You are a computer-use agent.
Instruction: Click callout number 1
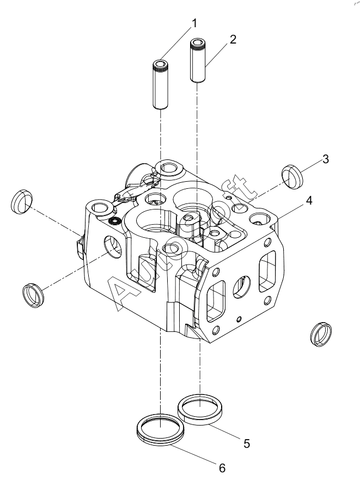click(x=194, y=23)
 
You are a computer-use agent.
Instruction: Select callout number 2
click(x=233, y=39)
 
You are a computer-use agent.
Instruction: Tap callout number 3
click(x=326, y=159)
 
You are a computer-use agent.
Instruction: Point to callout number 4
click(x=309, y=201)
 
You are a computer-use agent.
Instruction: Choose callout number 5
click(x=247, y=443)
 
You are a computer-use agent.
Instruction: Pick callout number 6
click(x=222, y=468)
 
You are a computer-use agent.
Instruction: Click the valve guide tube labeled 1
click(x=161, y=84)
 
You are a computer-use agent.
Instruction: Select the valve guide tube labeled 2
click(x=198, y=60)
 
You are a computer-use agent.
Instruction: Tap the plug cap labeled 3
click(x=292, y=177)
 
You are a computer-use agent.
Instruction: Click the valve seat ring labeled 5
click(x=200, y=409)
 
